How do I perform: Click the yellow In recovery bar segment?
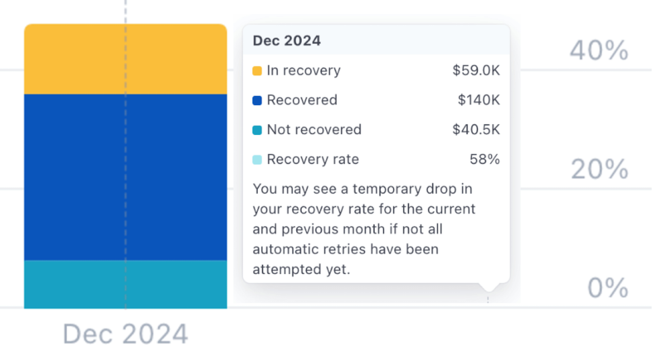(126, 59)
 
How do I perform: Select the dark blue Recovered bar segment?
(126, 177)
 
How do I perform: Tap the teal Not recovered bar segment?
(126, 284)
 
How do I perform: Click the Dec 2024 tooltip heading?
(286, 40)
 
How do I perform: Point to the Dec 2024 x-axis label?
(126, 334)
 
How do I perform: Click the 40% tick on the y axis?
(599, 50)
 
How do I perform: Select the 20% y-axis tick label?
(599, 169)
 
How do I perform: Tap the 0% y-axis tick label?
(607, 288)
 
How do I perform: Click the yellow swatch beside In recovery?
(257, 71)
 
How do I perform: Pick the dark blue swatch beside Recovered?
(257, 100)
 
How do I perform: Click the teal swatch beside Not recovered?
(257, 130)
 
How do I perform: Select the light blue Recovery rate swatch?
(257, 160)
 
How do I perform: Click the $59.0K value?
(476, 70)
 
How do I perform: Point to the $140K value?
(479, 100)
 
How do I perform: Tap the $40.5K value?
(476, 130)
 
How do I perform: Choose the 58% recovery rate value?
(485, 159)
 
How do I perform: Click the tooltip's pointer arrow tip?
(488, 291)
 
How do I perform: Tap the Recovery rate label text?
(313, 160)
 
